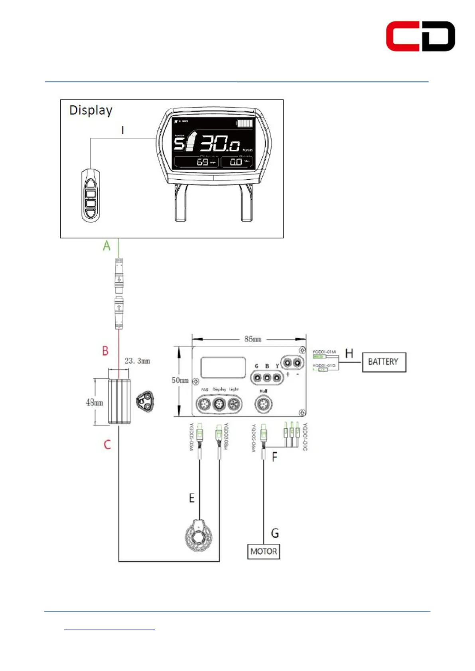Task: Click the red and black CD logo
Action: [x=420, y=36]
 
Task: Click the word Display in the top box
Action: [x=91, y=110]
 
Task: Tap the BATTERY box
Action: [x=384, y=362]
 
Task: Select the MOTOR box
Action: [x=263, y=551]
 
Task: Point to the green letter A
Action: [x=106, y=246]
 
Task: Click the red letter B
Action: [x=105, y=351]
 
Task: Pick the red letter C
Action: [x=107, y=445]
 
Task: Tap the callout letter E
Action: [x=192, y=498]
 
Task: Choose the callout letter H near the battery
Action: [x=349, y=353]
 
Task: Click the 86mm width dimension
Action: [x=253, y=339]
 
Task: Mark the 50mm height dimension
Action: [x=180, y=380]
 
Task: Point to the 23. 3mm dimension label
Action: [x=137, y=361]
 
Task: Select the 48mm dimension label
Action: [x=95, y=402]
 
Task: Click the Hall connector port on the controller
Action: [x=263, y=405]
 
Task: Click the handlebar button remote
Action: [x=91, y=195]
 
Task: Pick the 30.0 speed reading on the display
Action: [x=219, y=143]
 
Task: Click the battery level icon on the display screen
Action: [x=245, y=123]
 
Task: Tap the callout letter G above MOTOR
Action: [x=275, y=533]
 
